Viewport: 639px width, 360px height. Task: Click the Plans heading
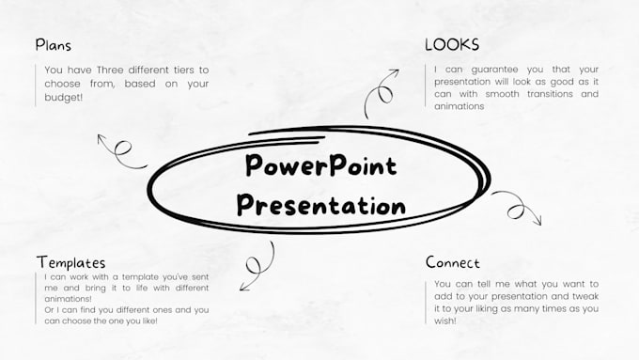point(53,44)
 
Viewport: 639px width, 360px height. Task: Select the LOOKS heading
point(451,44)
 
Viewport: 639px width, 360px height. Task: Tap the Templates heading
point(70,262)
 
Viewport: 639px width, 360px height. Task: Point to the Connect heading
point(452,262)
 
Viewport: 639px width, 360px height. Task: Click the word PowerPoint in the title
point(320,166)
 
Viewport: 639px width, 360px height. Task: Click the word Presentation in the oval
point(320,204)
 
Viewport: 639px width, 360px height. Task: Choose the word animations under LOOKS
point(459,106)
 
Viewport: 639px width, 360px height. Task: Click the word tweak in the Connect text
point(584,296)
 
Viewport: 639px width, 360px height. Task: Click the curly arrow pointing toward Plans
point(120,150)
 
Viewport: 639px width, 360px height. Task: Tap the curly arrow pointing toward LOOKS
point(382,89)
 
